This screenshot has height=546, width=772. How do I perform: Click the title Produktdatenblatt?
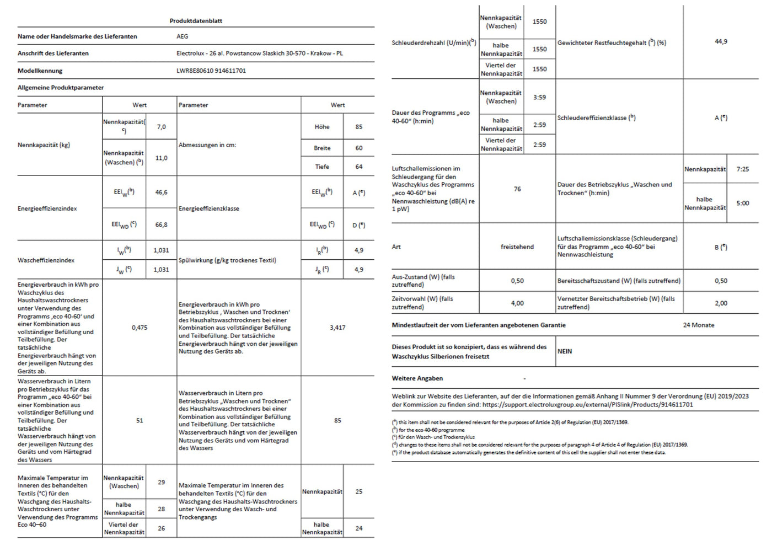(x=196, y=21)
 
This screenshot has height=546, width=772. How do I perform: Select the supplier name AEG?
(x=182, y=36)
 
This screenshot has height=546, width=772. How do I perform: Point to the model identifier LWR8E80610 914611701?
(x=211, y=71)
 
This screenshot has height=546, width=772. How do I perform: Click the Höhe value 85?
(x=359, y=127)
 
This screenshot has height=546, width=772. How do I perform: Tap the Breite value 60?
(x=359, y=148)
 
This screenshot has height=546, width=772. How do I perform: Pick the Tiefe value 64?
(x=359, y=167)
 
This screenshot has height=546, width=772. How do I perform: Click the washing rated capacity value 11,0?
(x=161, y=158)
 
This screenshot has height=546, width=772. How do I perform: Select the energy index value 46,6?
(x=161, y=192)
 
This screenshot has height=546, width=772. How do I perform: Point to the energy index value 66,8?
(x=161, y=225)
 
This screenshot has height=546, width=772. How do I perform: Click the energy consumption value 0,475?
(x=140, y=328)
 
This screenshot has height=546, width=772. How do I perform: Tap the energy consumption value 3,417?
(x=337, y=328)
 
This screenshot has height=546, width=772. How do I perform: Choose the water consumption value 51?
(x=140, y=420)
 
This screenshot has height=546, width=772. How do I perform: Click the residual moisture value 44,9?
(x=721, y=42)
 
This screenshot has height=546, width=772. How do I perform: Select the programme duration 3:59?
(x=539, y=97)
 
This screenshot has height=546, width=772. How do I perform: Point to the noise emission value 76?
(x=517, y=189)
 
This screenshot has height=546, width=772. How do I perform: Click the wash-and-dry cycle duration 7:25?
(x=743, y=169)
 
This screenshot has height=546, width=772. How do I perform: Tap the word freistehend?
(x=517, y=247)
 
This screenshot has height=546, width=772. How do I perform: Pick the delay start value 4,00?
(x=517, y=303)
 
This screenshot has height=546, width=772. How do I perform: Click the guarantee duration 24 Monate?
(x=698, y=325)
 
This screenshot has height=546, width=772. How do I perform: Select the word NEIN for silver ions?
(x=565, y=351)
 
